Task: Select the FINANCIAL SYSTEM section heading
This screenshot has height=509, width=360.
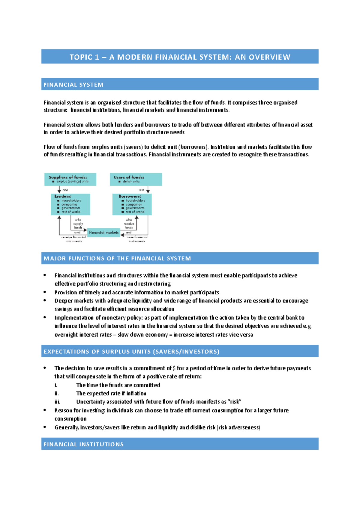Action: [73, 85]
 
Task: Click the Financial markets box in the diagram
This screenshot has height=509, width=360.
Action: [103, 232]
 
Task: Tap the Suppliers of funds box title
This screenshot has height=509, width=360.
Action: [68, 177]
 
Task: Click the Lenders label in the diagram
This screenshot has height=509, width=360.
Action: [63, 196]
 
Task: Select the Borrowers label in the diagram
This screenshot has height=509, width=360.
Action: [130, 196]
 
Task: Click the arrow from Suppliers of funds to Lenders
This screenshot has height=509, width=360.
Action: [59, 190]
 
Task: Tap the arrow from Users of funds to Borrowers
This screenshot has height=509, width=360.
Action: [148, 190]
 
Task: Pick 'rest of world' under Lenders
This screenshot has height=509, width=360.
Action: [71, 212]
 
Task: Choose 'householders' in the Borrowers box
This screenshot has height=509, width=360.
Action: [135, 200]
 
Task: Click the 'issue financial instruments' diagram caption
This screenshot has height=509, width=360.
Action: [137, 239]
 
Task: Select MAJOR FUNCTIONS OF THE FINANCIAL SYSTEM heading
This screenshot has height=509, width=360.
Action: [117, 258]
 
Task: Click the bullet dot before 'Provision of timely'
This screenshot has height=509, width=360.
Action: [45, 292]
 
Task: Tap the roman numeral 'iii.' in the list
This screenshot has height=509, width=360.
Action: [57, 402]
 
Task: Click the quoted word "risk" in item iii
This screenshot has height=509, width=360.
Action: [235, 402]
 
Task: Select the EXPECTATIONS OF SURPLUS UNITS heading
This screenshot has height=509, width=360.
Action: [131, 352]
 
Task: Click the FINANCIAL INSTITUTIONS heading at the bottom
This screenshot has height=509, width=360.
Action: [84, 444]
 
